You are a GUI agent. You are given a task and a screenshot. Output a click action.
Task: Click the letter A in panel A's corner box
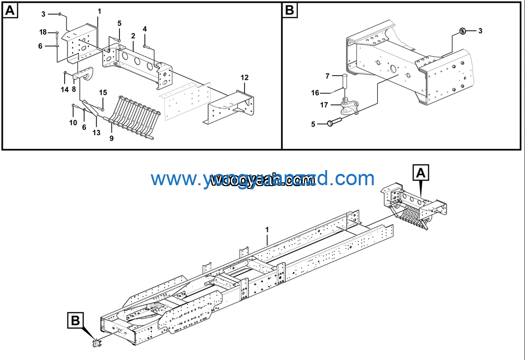pyautogui.click(x=10, y=10)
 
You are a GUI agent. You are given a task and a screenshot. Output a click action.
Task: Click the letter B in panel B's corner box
pyautogui.click(x=290, y=10)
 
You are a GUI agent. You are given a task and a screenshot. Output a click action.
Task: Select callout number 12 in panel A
pyautogui.click(x=244, y=77)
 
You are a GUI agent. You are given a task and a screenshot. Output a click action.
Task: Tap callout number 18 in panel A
pyautogui.click(x=43, y=32)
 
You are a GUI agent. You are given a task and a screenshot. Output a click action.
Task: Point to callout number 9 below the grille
pyautogui.click(x=111, y=139)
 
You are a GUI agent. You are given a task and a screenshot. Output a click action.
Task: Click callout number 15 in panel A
pyautogui.click(x=103, y=93)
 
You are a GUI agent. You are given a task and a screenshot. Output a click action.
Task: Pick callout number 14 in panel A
pyautogui.click(x=64, y=89)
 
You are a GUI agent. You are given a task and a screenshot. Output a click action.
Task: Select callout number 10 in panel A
pyautogui.click(x=73, y=123)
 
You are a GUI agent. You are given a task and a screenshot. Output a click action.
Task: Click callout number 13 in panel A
pyautogui.click(x=96, y=133)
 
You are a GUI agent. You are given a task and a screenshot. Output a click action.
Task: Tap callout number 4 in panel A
pyautogui.click(x=144, y=29)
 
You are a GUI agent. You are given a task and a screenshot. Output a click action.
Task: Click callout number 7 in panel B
pyautogui.click(x=327, y=76)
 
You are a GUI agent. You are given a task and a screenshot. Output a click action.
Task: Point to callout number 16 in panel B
pyautogui.click(x=315, y=93)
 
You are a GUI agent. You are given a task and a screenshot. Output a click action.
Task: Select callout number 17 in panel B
pyautogui.click(x=324, y=105)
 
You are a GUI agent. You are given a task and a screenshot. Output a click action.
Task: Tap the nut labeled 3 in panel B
pyautogui.click(x=463, y=32)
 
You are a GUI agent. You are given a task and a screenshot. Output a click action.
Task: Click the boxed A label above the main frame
pyautogui.click(x=422, y=173)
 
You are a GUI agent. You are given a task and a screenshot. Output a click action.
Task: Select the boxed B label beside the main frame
pyautogui.click(x=75, y=321)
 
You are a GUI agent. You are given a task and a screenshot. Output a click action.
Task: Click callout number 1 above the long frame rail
pyautogui.click(x=267, y=230)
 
